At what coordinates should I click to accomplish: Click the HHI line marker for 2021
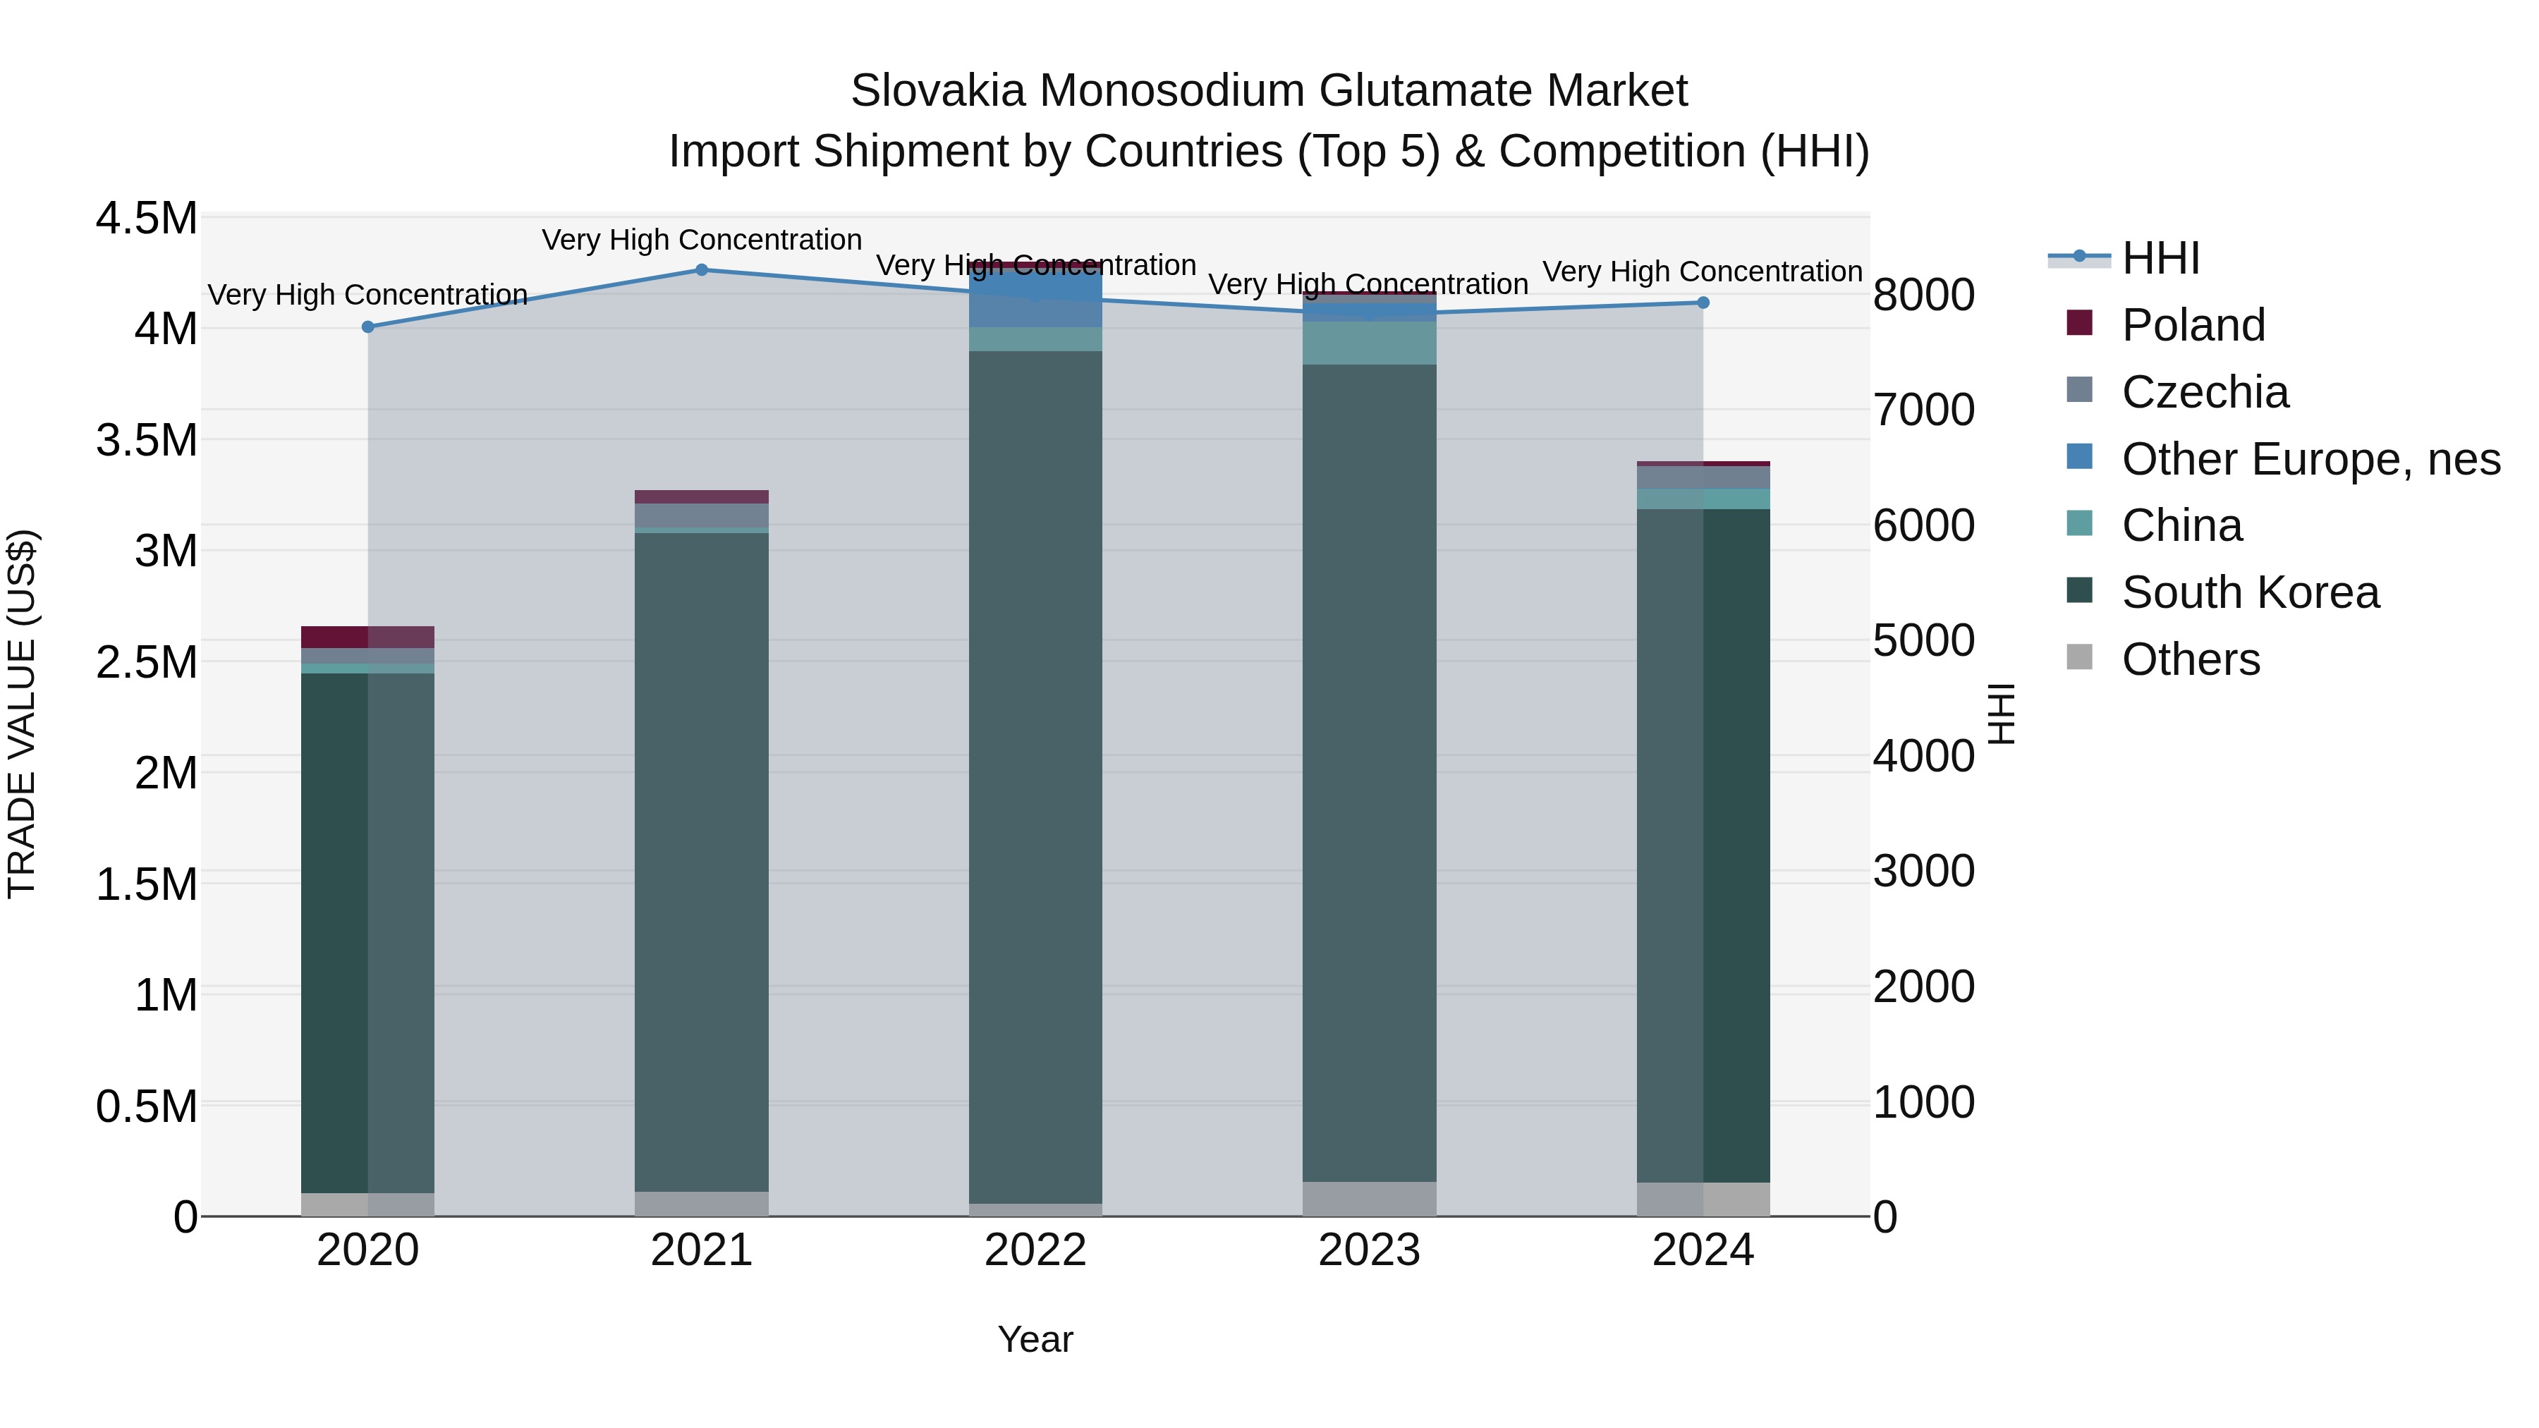[702, 270]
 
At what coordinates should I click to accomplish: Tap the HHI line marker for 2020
[367, 327]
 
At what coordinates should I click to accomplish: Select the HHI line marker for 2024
[1703, 303]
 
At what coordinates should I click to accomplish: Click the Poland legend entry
[2192, 325]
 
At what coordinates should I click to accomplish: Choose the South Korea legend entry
[2249, 592]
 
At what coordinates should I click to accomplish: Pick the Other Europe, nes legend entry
[2309, 459]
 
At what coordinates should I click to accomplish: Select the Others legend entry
[2190, 659]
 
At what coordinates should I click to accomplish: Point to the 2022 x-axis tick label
[1035, 1250]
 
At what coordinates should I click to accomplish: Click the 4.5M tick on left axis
[147, 218]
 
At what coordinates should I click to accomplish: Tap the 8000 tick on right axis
[1923, 295]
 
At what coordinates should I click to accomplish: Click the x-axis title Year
[1035, 1339]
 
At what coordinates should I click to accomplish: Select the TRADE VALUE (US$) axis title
[22, 714]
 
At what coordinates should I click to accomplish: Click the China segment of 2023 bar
[1369, 343]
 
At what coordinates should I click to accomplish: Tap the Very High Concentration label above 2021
[702, 240]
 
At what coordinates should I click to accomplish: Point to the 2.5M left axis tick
[147, 662]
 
